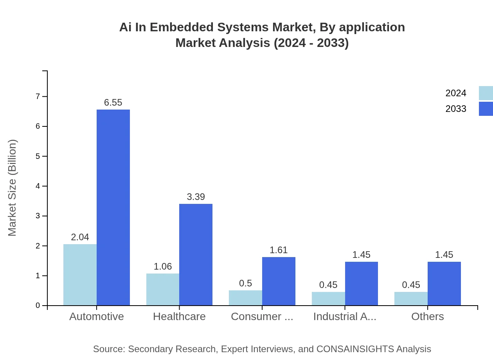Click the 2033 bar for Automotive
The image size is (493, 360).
pos(113,207)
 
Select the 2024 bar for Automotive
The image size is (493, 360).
pos(80,275)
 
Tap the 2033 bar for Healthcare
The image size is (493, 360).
pos(196,254)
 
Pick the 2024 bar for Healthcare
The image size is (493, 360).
pos(163,290)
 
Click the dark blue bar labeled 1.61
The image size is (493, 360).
pos(279,281)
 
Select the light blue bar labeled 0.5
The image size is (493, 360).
pos(245,298)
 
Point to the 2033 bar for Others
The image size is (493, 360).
pos(444,283)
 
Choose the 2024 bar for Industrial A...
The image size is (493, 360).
pos(328,299)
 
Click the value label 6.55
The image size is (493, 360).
pos(113,103)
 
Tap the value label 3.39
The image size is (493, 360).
pos(196,197)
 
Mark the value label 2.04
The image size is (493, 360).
pos(80,237)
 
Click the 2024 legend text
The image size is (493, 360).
pos(456,93)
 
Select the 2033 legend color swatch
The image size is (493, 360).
pos(486,109)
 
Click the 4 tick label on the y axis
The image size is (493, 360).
pos(38,186)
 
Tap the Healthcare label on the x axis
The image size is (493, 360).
pos(179,316)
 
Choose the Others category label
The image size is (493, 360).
pos(427,316)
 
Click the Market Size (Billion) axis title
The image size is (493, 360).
pos(13,188)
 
